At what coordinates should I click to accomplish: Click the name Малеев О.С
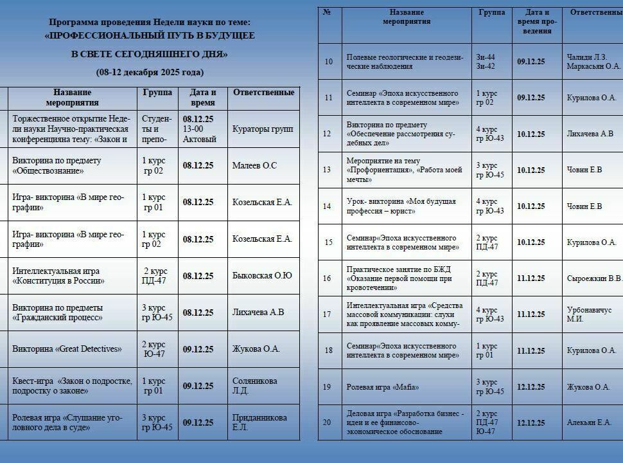pos(254,166)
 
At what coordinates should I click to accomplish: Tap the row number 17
pos(328,314)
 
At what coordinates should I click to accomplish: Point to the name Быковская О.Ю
pos(262,276)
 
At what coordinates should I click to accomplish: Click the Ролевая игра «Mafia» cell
pos(383,387)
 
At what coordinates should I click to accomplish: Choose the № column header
pos(328,12)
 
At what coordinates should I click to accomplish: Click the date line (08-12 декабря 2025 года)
pos(150,72)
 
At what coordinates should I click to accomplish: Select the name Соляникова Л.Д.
pos(254,385)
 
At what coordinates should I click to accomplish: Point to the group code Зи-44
pos(486,57)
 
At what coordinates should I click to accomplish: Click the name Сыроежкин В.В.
pos(594,278)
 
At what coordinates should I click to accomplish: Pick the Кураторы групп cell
pos(263,129)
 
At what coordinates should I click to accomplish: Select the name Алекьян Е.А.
pos(589,422)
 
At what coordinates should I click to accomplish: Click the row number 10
pos(328,62)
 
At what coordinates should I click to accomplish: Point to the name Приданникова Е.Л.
pos(259,422)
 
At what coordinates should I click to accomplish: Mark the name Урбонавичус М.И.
pos(589,314)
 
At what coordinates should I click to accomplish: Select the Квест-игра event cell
pos(72,385)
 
